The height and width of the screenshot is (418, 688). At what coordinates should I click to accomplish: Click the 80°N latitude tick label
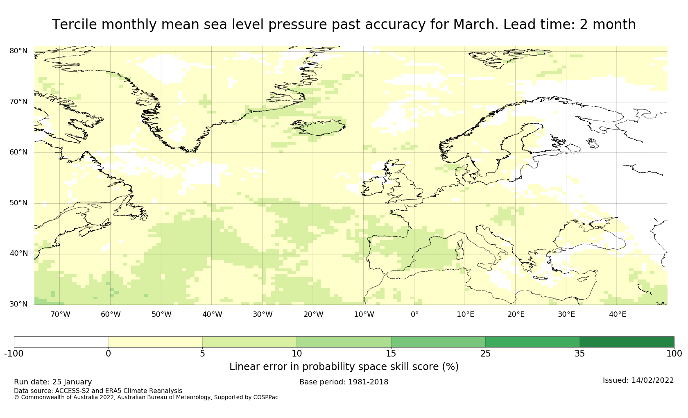tap(18, 51)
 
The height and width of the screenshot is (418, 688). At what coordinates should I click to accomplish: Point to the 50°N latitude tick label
tap(18, 203)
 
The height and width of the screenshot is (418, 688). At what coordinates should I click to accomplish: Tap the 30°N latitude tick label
tap(18, 304)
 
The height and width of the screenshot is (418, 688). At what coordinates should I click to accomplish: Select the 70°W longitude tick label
tap(60, 314)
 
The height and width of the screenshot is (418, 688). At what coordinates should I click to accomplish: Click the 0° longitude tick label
tap(414, 314)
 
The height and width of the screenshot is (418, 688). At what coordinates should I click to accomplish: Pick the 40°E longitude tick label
tap(617, 314)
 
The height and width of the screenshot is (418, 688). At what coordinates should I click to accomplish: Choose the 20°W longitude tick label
tap(313, 314)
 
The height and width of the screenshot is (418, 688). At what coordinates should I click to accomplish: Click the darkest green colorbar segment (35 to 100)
tap(627, 342)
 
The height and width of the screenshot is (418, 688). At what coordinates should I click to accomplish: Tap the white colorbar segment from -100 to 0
tap(61, 342)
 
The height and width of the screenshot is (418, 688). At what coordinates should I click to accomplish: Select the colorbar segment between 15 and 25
tap(438, 342)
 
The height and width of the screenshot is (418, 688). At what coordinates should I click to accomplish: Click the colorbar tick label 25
tap(485, 354)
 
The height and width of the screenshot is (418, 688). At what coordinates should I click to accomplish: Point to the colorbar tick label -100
tap(14, 354)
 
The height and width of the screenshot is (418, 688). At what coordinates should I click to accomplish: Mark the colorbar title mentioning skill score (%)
tap(344, 367)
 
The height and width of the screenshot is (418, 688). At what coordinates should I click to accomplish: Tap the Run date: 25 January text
tap(53, 382)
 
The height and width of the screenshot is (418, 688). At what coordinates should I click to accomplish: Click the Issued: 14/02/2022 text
tap(638, 380)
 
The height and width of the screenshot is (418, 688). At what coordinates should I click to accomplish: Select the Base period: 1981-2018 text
tap(344, 382)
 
